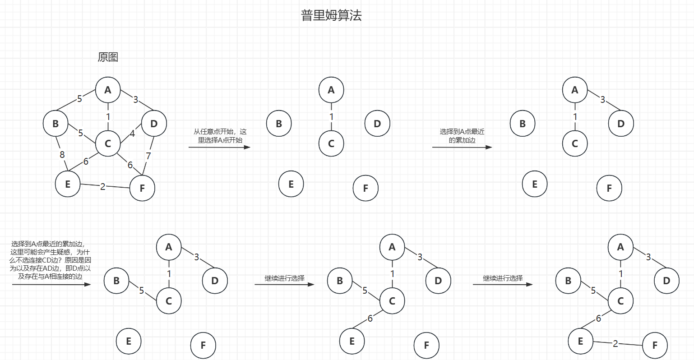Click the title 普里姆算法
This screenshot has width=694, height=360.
[x=331, y=16]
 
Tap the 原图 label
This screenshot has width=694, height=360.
[x=108, y=57]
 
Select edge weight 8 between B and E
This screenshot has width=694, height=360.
[x=62, y=155]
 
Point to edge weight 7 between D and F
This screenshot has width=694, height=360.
[x=148, y=156]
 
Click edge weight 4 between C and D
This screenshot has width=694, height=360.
[x=132, y=134]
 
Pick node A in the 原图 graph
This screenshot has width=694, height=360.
[x=108, y=90]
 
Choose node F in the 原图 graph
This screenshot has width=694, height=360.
[x=142, y=188]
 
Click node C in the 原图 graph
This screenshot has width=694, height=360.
[x=108, y=143]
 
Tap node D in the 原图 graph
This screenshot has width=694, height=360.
[x=154, y=123]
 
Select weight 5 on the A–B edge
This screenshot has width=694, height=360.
[x=79, y=98]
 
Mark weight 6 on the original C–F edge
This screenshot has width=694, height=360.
[x=130, y=165]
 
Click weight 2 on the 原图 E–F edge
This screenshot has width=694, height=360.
[x=103, y=186]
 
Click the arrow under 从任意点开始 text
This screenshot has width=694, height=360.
[x=219, y=147]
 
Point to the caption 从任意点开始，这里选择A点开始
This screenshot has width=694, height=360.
[x=220, y=136]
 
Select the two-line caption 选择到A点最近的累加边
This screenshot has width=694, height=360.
[x=462, y=136]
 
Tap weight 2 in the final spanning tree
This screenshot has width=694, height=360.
[x=615, y=343]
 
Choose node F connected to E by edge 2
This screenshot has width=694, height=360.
[x=655, y=346]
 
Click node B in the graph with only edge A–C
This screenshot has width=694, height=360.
[x=279, y=123]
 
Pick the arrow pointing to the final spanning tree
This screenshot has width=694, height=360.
[x=503, y=284]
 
